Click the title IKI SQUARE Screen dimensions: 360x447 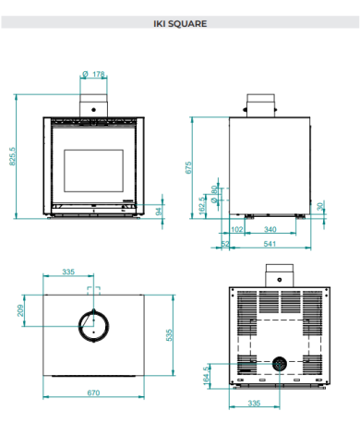pyautogui.click(x=180, y=24)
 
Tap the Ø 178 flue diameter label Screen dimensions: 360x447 pyautogui.click(x=93, y=74)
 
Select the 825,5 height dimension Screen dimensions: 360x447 pyautogui.click(x=12, y=156)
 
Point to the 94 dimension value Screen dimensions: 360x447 pyautogui.click(x=159, y=211)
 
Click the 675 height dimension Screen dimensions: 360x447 pyautogui.click(x=188, y=167)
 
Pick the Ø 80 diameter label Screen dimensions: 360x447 pyautogui.click(x=214, y=194)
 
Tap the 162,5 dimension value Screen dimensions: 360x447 pyautogui.click(x=202, y=205)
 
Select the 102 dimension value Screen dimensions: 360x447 pyautogui.click(x=236, y=229)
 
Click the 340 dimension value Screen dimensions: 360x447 pyautogui.click(x=270, y=229)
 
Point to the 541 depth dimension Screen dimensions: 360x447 pyautogui.click(x=270, y=244)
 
